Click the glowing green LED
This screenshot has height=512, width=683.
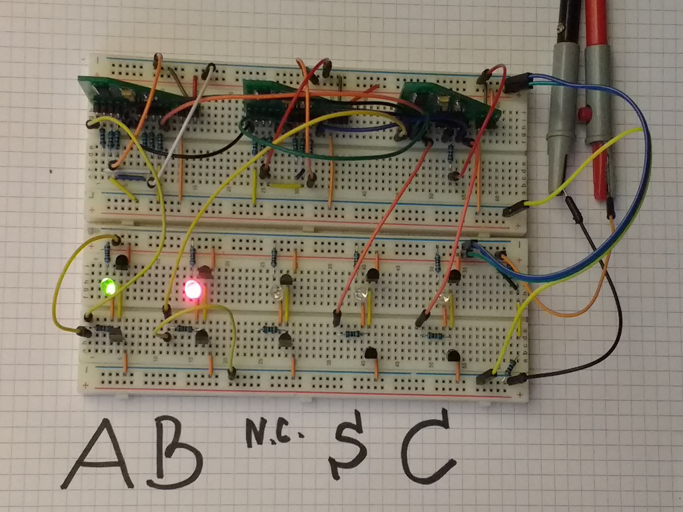click(107, 287)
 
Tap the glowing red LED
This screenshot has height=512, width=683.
click(193, 290)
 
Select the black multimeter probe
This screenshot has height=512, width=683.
click(561, 100)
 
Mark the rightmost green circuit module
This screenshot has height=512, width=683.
click(454, 100)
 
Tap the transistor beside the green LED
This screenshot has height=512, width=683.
click(121, 263)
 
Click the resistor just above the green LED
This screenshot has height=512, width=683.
click(109, 251)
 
